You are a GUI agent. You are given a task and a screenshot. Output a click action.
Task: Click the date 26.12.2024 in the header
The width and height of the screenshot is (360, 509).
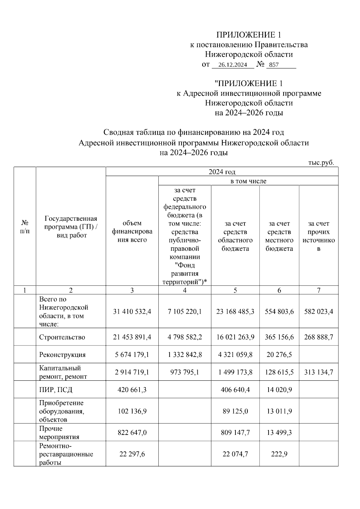point(232,65)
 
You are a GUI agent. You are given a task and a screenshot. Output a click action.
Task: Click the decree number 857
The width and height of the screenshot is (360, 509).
point(274,65)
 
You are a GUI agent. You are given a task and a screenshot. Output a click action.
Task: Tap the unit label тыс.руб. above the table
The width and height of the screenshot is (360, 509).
point(321,163)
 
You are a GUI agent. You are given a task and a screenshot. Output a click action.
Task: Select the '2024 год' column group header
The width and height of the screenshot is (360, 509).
point(222,172)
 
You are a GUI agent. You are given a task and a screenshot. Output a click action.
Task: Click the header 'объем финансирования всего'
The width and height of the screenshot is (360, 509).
point(132,232)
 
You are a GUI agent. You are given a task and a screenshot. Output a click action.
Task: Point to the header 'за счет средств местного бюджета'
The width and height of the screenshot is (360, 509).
point(279,236)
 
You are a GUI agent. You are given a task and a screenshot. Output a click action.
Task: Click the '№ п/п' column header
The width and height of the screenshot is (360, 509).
point(25,227)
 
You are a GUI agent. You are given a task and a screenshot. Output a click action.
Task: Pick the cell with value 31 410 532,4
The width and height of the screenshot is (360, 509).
point(132,312)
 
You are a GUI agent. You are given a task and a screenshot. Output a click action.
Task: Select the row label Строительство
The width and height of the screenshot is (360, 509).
point(62,337)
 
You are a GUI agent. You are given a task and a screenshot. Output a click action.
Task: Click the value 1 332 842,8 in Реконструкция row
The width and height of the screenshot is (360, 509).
point(185,355)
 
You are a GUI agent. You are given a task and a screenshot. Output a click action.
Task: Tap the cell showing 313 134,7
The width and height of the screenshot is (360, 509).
point(319,372)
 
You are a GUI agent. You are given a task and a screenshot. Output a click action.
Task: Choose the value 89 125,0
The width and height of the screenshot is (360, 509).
point(235,411)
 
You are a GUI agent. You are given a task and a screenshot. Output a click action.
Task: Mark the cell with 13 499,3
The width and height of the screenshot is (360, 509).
point(279,433)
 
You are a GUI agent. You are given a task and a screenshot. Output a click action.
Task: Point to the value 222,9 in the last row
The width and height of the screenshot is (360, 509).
point(279,454)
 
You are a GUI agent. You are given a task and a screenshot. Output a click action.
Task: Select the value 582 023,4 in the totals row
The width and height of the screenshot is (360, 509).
point(319,312)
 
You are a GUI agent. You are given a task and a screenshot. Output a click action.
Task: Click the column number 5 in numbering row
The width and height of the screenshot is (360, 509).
point(235,290)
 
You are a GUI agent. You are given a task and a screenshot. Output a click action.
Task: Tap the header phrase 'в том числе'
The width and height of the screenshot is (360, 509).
point(248,181)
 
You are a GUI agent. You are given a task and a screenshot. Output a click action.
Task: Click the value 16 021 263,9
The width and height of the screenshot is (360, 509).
point(235,337)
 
